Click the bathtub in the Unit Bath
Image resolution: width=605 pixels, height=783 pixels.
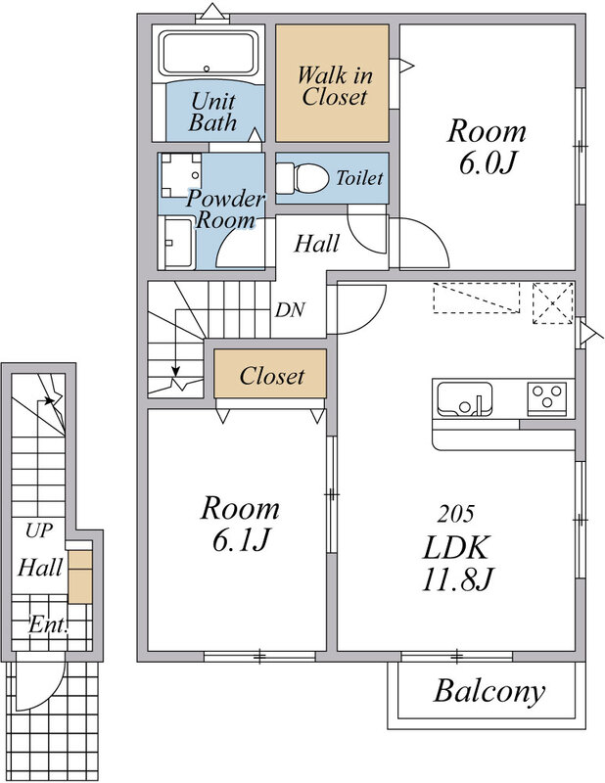pos(209,53)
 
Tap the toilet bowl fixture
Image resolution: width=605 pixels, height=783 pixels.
pos(302,178)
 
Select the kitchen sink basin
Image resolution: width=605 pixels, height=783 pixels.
pos(465,399)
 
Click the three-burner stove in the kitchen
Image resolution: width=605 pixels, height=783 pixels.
pos(547,398)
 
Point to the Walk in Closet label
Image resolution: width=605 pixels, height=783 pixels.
pos(334,86)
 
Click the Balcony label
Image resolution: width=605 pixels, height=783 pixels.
pos(489,693)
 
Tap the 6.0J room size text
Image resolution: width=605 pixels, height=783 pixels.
pos(488,163)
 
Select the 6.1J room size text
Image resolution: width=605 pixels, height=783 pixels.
pos(241,540)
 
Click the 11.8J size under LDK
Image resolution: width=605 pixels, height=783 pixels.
pos(457,579)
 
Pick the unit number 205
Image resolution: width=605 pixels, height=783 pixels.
pos(455,514)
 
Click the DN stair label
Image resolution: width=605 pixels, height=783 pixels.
pos(290,310)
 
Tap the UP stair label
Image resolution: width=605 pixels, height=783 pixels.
pos(39,531)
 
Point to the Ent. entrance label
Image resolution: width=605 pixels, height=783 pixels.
pos(49,624)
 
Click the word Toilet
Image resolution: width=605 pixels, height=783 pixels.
pos(359,178)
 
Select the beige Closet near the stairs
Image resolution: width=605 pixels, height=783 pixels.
pos(270,374)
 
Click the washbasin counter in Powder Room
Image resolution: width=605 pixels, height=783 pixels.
pos(177,243)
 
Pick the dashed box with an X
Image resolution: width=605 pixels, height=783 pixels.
pos(552,303)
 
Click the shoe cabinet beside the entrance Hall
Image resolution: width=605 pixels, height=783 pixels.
pos(80,576)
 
